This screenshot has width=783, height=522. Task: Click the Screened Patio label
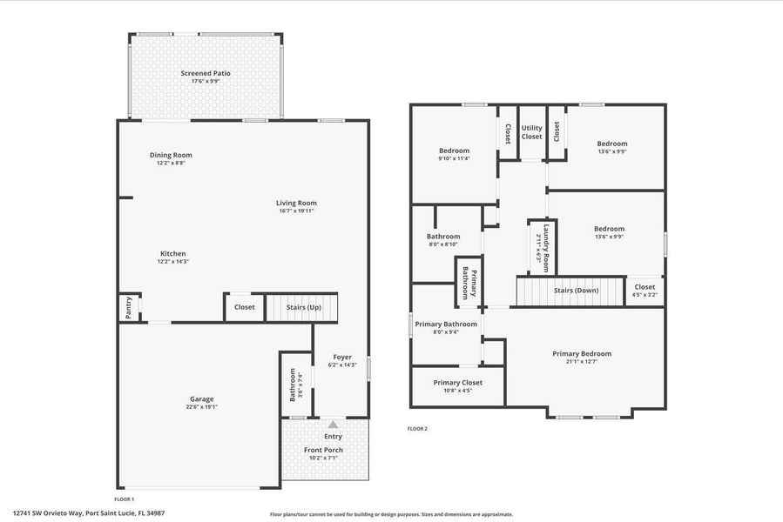[206, 73]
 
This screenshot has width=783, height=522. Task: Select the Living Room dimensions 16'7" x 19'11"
[296, 211]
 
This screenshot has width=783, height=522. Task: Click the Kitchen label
[172, 253]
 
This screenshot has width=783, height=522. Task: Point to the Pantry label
[128, 308]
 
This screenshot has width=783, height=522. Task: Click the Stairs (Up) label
[304, 307]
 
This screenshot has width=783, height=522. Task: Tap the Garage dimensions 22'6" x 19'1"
[201, 406]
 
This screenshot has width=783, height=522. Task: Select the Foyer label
[342, 357]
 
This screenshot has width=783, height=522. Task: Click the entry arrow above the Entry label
[332, 425]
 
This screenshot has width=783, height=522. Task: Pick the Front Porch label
[323, 450]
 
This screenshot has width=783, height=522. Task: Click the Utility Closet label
[531, 132]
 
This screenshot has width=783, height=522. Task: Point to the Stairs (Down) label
[575, 290]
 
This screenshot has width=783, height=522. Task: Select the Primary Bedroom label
[582, 353]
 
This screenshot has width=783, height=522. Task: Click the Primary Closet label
[457, 382]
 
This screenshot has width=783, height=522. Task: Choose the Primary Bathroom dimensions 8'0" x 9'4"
[446, 331]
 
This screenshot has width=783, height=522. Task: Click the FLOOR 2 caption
[417, 428]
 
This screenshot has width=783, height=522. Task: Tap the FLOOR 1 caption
[124, 499]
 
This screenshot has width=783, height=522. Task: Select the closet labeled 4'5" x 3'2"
[645, 295]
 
